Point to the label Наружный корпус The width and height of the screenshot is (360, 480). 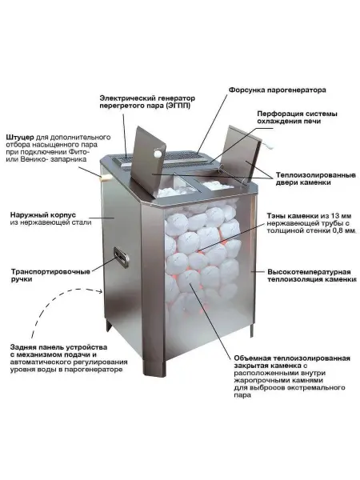point(42,215)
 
